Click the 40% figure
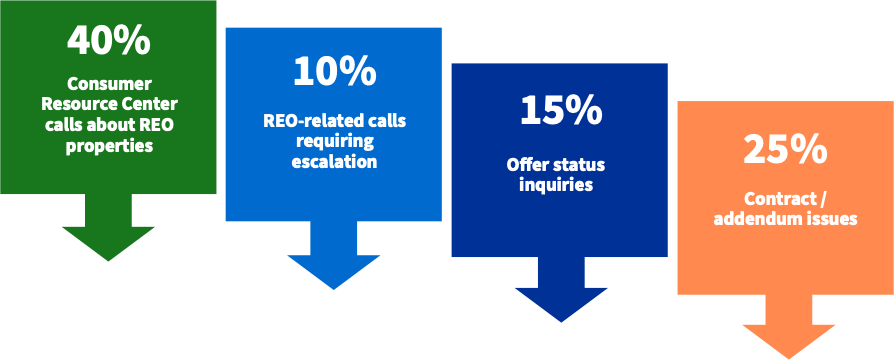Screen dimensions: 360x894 point(108,41)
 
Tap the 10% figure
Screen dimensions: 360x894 point(334,71)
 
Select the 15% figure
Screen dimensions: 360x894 point(561,111)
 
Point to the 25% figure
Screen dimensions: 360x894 point(785,150)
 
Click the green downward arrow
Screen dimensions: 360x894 point(108,230)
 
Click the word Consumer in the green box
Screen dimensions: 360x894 point(108,84)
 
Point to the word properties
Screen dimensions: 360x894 point(108,146)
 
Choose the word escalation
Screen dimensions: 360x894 point(334,161)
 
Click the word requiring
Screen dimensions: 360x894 point(334,141)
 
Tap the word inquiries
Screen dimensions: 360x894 point(561,184)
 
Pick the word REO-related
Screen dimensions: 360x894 point(303,121)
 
